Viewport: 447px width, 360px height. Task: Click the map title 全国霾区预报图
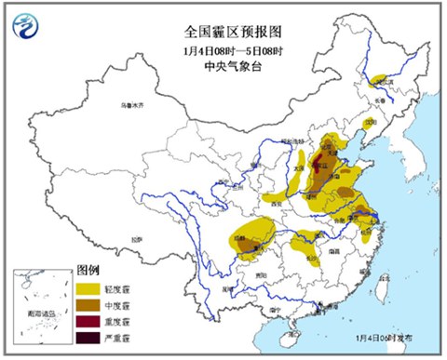point(223,16)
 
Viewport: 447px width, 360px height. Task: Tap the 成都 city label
point(241,238)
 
